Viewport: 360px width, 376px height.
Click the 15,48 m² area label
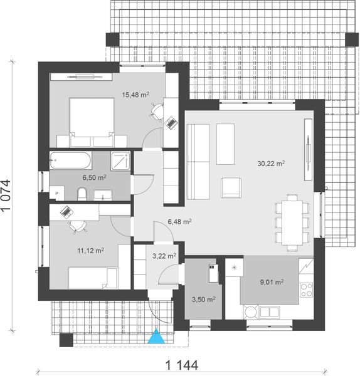click(x=135, y=95)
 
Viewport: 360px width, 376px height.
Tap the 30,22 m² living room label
click(x=271, y=163)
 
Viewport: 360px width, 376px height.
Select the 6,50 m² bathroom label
click(x=94, y=178)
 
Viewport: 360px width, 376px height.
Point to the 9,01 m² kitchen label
click(x=271, y=281)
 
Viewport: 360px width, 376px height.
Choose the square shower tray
click(x=118, y=161)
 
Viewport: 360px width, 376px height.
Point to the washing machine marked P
click(x=57, y=193)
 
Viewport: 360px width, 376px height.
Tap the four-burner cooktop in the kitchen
click(x=307, y=290)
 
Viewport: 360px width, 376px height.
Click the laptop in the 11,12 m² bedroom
click(x=66, y=212)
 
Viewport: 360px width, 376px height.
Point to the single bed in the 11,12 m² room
click(x=92, y=276)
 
